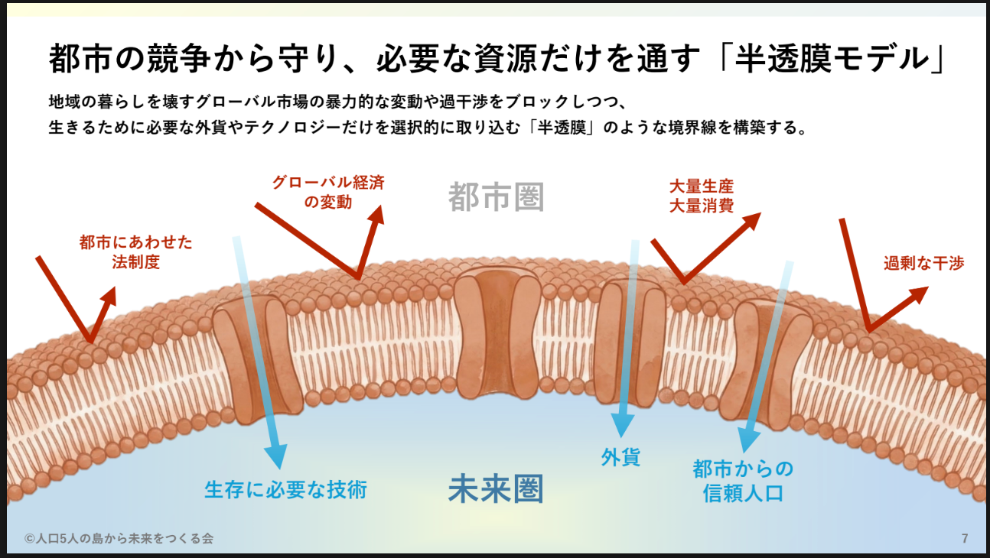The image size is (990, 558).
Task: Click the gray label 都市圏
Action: pyautogui.click(x=496, y=197)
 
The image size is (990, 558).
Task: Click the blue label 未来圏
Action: pyautogui.click(x=496, y=489)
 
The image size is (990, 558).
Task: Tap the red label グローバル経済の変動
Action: pyautogui.click(x=328, y=193)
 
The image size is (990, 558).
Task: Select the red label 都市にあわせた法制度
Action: pyautogui.click(x=135, y=252)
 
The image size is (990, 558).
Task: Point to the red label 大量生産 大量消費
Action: pyautogui.click(x=701, y=196)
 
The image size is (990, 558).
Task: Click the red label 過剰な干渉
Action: pyautogui.click(x=923, y=264)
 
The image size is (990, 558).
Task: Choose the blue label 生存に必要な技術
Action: pyautogui.click(x=285, y=489)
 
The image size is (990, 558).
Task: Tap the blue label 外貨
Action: pyautogui.click(x=620, y=458)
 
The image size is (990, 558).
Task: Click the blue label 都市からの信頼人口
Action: pyautogui.click(x=743, y=480)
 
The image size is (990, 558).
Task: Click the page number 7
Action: pyautogui.click(x=965, y=539)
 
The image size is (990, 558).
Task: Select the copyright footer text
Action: pyautogui.click(x=119, y=539)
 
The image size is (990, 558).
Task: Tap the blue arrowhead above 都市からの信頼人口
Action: pyautogui.click(x=747, y=440)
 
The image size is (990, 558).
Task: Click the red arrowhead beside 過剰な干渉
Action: pyautogui.click(x=919, y=294)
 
